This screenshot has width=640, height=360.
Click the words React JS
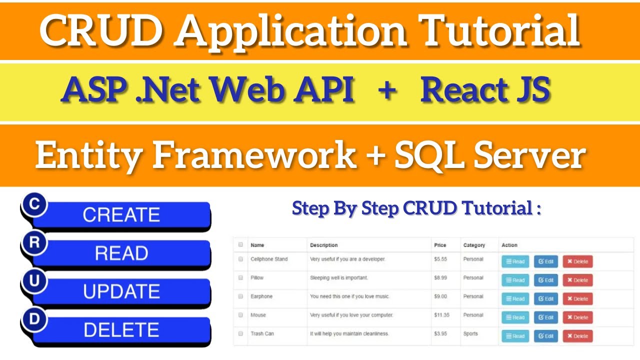485,91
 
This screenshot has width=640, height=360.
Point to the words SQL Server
489,155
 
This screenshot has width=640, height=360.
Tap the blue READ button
121,253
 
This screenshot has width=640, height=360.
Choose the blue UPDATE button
121,291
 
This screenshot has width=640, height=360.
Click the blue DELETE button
121,330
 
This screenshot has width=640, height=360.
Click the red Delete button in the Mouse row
577,317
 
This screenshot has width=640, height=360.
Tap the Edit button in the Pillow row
546,280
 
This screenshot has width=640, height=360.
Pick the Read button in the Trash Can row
515,336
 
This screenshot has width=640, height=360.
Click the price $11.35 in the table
442,315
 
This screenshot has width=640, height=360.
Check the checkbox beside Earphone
240,296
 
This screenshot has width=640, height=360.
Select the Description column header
323,245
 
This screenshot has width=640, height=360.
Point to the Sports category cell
470,333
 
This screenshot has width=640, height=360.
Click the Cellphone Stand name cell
269,259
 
